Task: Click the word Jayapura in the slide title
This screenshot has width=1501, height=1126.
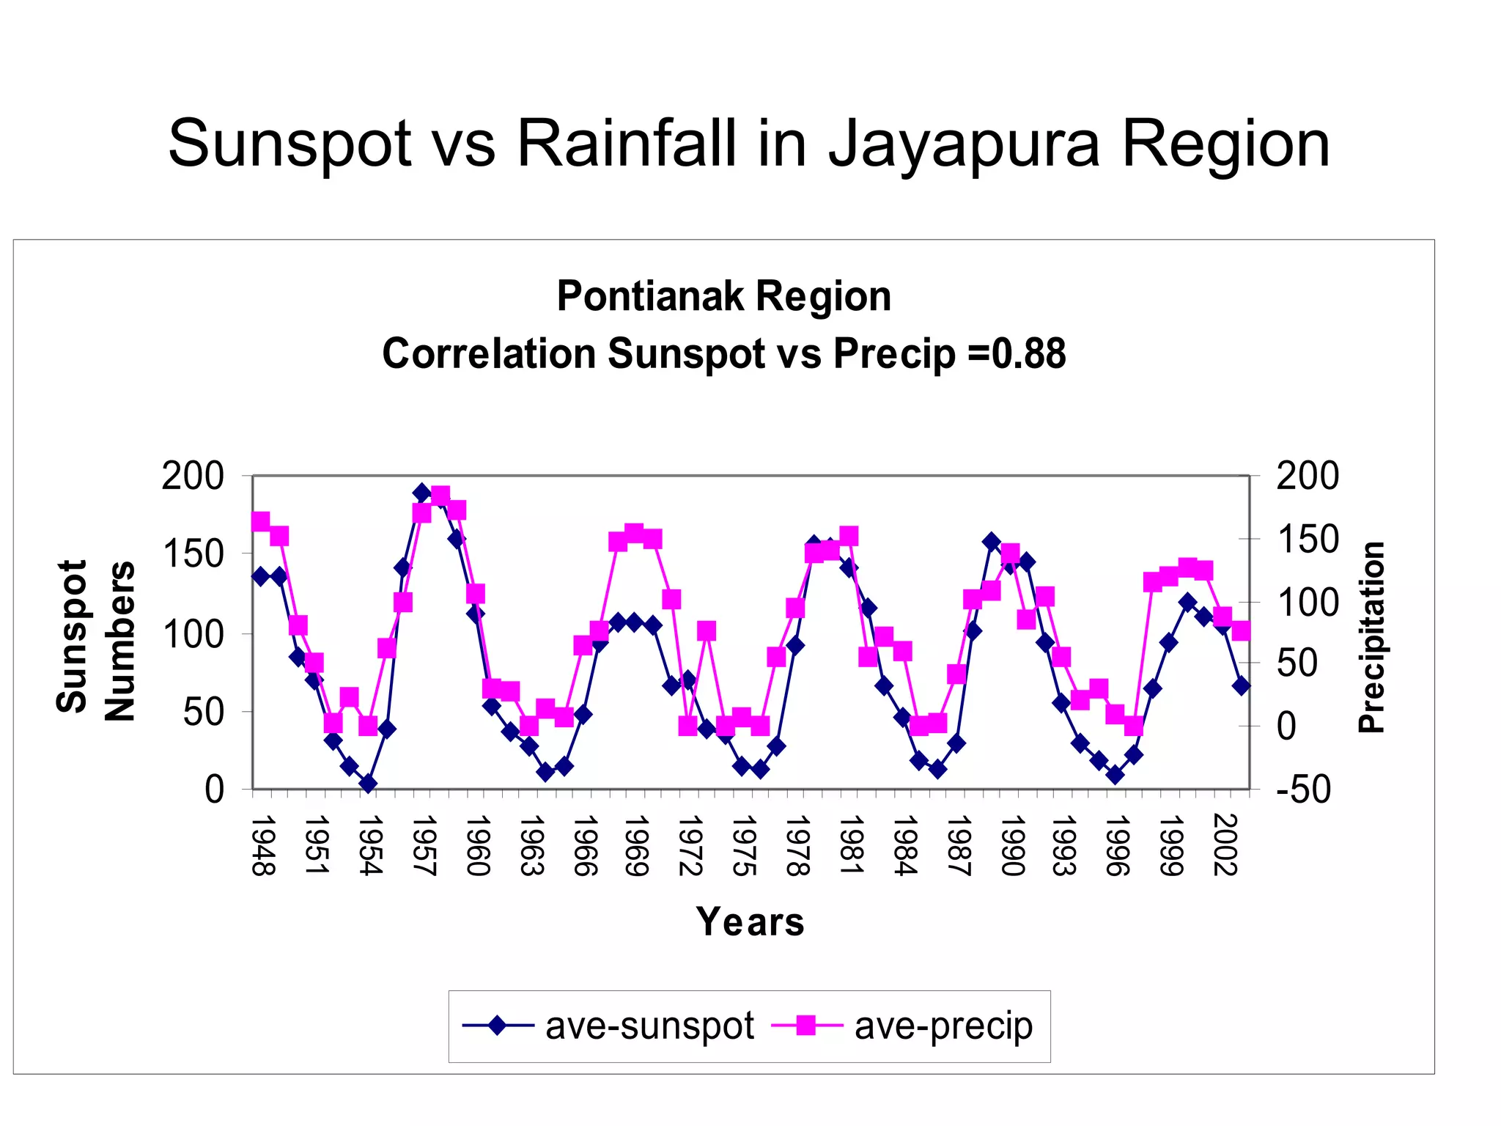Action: tap(964, 145)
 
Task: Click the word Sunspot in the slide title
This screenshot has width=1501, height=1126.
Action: tap(290, 145)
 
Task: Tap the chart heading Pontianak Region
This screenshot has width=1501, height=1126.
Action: tap(723, 296)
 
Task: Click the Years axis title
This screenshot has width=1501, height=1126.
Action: tap(750, 921)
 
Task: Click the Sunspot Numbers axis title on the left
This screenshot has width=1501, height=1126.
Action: tap(95, 639)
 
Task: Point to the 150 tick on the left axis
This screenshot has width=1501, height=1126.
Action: tap(193, 553)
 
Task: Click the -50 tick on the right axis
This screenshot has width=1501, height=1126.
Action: tap(1303, 790)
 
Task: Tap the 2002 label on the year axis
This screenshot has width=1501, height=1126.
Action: tap(1225, 844)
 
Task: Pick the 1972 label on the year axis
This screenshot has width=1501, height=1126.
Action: tap(690, 844)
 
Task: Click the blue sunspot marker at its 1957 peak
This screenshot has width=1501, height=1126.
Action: tap(421, 492)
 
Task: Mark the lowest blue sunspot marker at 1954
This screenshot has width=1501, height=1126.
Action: tap(369, 784)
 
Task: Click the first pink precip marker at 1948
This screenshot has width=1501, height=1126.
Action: tap(260, 521)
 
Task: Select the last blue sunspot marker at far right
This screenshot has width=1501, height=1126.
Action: tap(1241, 686)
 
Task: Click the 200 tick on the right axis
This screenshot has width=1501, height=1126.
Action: tap(1307, 476)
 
